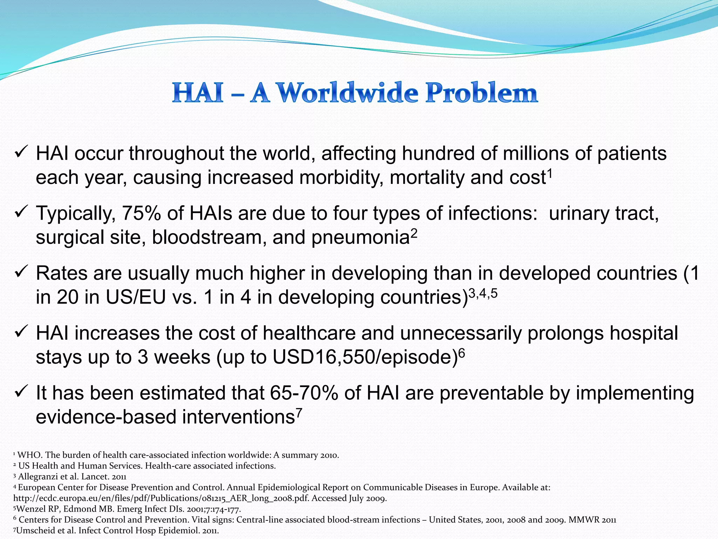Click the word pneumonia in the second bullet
pos(360,237)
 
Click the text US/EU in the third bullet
pos(136,297)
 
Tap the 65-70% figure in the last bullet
pos(304,393)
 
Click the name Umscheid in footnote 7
pos(34,531)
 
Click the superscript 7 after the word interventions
pos(299,412)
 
